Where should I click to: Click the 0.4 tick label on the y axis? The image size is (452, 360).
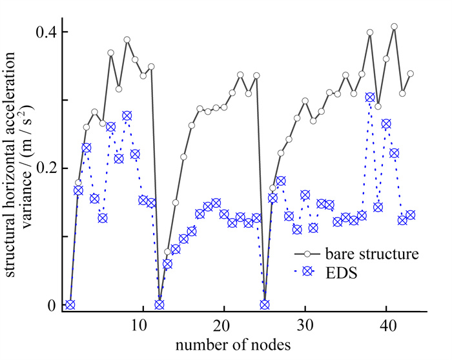tap(43, 32)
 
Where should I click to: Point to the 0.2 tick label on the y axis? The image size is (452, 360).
tap(43, 168)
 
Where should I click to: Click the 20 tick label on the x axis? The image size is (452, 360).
tap(223, 326)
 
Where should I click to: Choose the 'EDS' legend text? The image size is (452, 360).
tap(344, 273)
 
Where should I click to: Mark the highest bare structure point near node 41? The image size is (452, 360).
tap(394, 26)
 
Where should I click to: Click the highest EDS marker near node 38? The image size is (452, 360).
tap(370, 97)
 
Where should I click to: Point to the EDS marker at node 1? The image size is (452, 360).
tap(70, 305)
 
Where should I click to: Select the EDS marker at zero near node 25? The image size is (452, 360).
tap(264, 305)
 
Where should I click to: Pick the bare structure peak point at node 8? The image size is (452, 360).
tap(127, 39)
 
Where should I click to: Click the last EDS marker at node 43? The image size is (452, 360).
tap(410, 215)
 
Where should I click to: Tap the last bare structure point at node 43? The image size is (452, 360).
tap(410, 74)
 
